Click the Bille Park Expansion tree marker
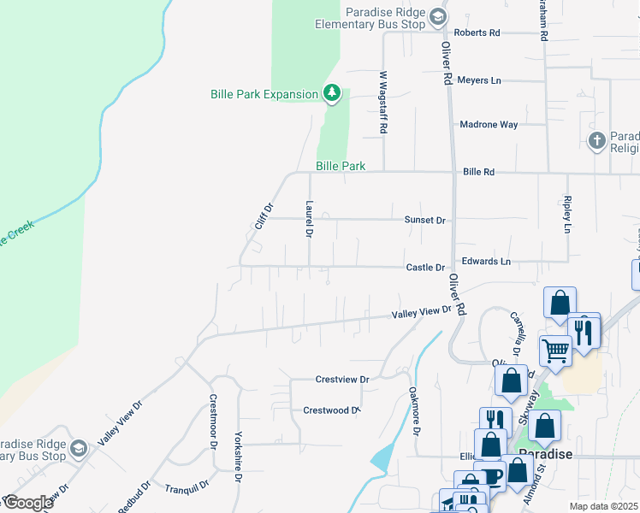[332, 93]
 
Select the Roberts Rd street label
[477, 32]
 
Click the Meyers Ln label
[479, 80]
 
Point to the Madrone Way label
[489, 124]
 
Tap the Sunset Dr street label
[425, 220]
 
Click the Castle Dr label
[425, 268]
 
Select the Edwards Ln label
[485, 261]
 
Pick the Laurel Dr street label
[308, 219]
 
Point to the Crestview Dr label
[341, 379]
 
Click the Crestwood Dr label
[330, 410]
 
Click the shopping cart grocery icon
[555, 350]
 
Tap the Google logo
[28, 503]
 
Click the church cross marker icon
[597, 139]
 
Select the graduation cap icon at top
[437, 17]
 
